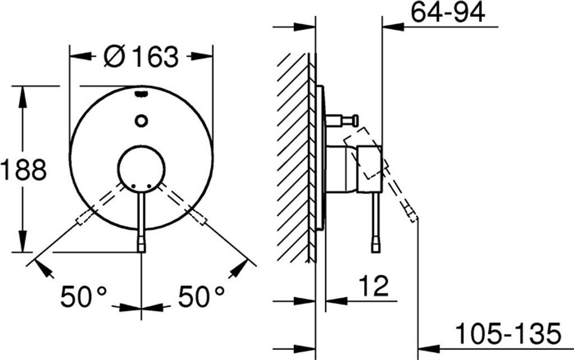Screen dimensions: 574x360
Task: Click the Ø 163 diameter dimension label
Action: click(141, 57)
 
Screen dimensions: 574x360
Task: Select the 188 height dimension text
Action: click(24, 169)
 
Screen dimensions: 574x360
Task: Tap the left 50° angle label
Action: click(84, 296)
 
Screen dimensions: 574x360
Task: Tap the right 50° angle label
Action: click(201, 296)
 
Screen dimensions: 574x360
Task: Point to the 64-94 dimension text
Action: click(448, 12)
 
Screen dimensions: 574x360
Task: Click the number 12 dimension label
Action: click(373, 286)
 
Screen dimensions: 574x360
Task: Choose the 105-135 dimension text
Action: click(508, 334)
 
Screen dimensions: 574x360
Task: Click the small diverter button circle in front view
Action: click(141, 121)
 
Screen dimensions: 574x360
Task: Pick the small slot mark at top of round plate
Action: click(141, 94)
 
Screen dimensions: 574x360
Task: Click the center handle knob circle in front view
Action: click(141, 168)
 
